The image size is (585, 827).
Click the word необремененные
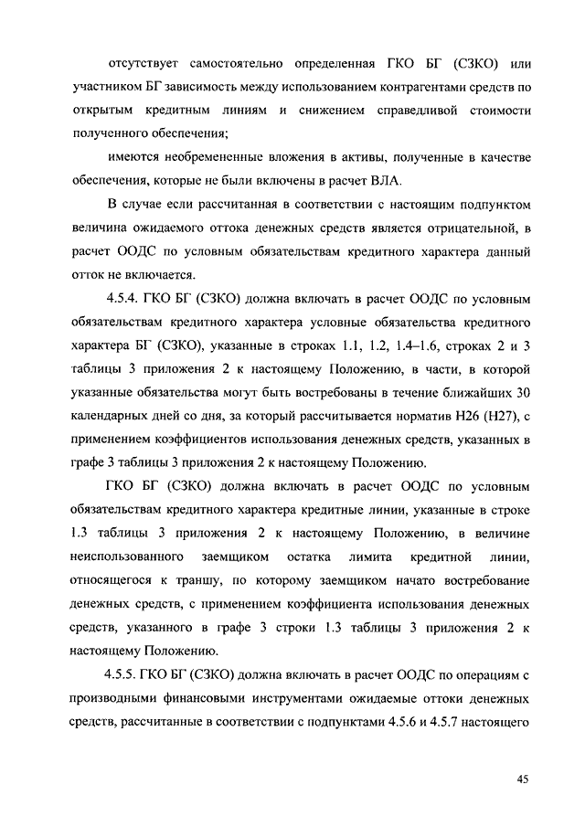212,157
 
